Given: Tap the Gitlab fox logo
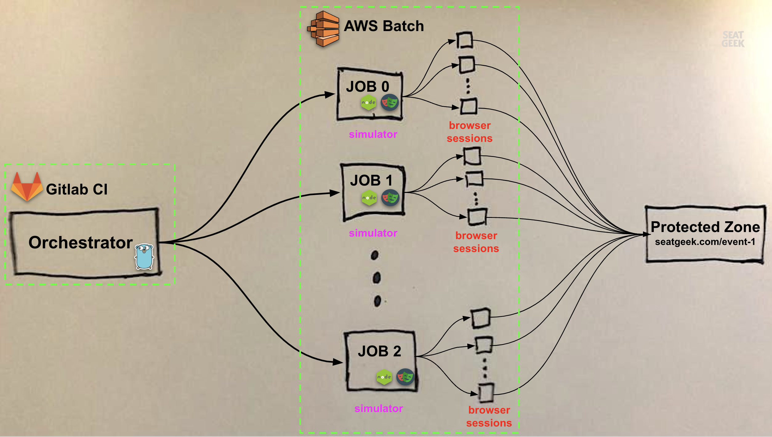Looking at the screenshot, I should [27, 187].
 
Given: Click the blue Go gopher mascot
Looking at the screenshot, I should [144, 257].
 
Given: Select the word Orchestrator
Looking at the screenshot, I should [81, 243].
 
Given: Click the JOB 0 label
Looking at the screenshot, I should [368, 86].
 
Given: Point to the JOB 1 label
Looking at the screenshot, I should [371, 180].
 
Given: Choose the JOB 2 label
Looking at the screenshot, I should [379, 351].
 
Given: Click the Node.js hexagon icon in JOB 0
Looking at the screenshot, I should [368, 102].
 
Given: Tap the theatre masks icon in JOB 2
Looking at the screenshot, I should [405, 377].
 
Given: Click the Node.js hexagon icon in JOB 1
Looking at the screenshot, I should [369, 198].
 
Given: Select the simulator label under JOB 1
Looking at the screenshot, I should [373, 233].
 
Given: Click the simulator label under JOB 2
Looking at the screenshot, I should [379, 408].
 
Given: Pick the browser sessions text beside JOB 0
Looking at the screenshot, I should [469, 132].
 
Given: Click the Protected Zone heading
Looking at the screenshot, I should [705, 227].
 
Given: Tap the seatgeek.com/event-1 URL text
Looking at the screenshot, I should [705, 242].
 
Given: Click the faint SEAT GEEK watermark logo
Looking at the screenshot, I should [733, 39].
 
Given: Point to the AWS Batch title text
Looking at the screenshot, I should [384, 26].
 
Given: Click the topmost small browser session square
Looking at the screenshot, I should [464, 40].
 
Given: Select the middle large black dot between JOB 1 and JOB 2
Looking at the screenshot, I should [376, 278].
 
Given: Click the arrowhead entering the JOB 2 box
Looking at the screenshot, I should [338, 362].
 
